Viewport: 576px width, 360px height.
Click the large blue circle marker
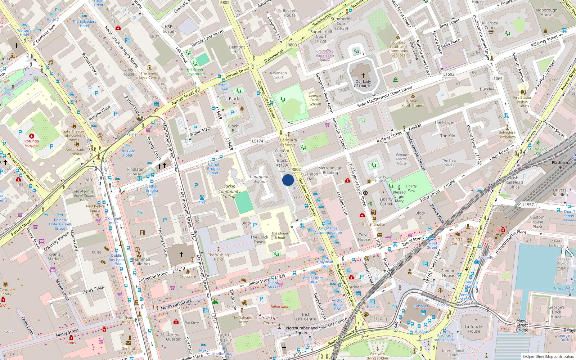(288, 180)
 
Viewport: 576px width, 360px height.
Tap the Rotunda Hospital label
(31, 143)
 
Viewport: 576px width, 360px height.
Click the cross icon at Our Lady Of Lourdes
(363, 76)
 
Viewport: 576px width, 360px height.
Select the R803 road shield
(292, 45)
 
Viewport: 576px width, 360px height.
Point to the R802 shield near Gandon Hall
(296, 169)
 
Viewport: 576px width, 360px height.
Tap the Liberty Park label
(411, 188)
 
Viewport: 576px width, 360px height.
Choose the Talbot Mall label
(279, 307)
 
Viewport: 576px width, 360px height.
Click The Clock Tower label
(259, 239)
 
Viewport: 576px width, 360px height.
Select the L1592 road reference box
(449, 74)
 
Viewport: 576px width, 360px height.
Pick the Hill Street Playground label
(195, 72)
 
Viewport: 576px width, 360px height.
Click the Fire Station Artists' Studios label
(523, 102)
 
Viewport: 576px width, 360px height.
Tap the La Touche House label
(474, 329)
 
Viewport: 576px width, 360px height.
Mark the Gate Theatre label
(73, 134)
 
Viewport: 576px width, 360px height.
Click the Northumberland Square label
(302, 330)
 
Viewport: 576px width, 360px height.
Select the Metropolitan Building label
(330, 170)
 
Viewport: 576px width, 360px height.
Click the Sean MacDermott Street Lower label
(384, 96)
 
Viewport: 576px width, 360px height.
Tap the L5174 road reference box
(257, 141)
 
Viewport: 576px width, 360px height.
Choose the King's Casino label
(457, 241)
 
